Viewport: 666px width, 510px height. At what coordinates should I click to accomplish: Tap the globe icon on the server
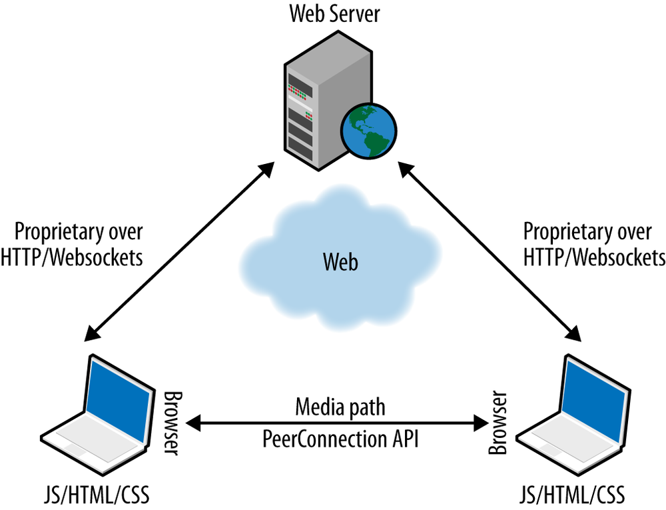[368, 130]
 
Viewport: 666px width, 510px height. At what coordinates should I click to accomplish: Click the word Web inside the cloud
[340, 262]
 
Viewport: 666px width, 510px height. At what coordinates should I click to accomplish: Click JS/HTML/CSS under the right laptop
[571, 495]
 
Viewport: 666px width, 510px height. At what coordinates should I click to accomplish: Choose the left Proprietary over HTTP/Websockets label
[79, 245]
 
